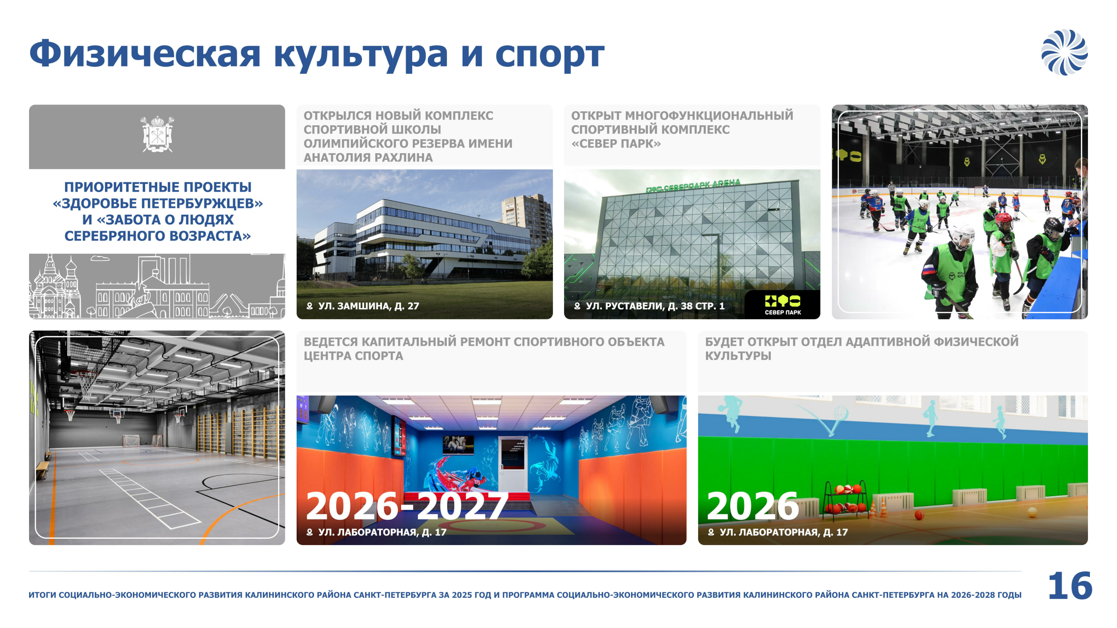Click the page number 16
click(1070, 586)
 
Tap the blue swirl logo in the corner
click(1065, 52)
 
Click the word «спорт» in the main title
click(550, 55)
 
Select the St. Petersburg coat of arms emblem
click(157, 134)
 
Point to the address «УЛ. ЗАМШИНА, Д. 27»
click(369, 306)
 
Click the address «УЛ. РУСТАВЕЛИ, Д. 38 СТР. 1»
click(655, 306)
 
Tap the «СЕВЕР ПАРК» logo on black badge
click(783, 305)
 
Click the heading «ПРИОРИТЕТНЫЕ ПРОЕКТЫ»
click(158, 187)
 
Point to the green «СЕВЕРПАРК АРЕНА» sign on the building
click(693, 186)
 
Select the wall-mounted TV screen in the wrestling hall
click(458, 445)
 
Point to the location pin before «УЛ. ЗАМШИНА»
click(310, 306)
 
